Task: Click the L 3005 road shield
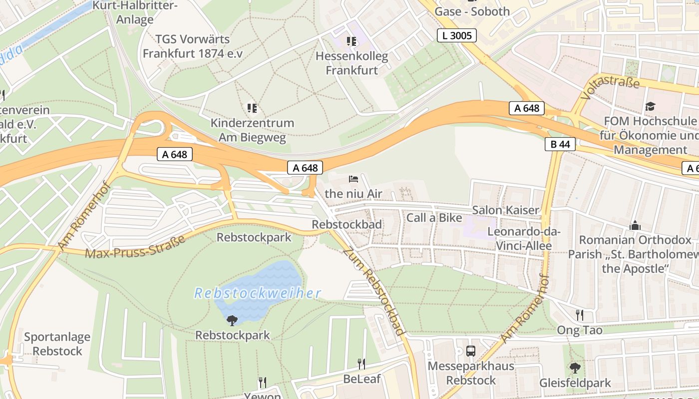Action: pos(456,35)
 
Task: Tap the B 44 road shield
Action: pos(560,144)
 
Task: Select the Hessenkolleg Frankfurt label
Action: pos(351,63)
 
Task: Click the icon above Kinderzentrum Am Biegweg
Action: pos(252,108)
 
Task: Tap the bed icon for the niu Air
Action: pos(353,179)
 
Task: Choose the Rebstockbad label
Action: pos(347,224)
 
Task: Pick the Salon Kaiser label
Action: pos(506,210)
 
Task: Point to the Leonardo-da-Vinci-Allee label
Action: pos(524,239)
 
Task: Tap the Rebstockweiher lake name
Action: pos(257,293)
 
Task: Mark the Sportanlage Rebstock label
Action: pos(57,344)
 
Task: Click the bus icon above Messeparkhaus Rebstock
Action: pos(471,351)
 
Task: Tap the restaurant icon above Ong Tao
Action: pos(579,315)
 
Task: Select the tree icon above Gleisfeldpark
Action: pos(575,368)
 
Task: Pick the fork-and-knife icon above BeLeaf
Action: pos(361,364)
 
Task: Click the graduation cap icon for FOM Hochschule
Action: pos(650,106)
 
